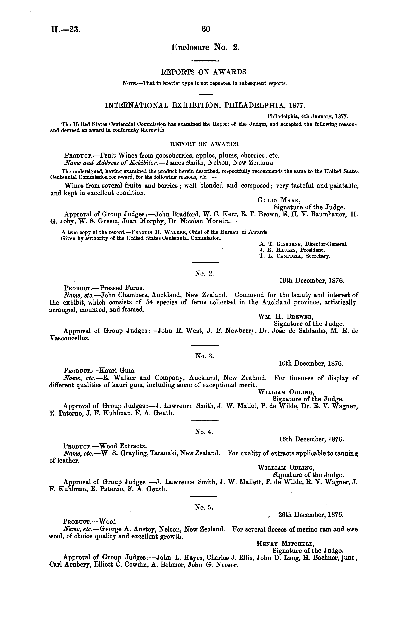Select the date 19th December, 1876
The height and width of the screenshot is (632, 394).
[311, 281]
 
